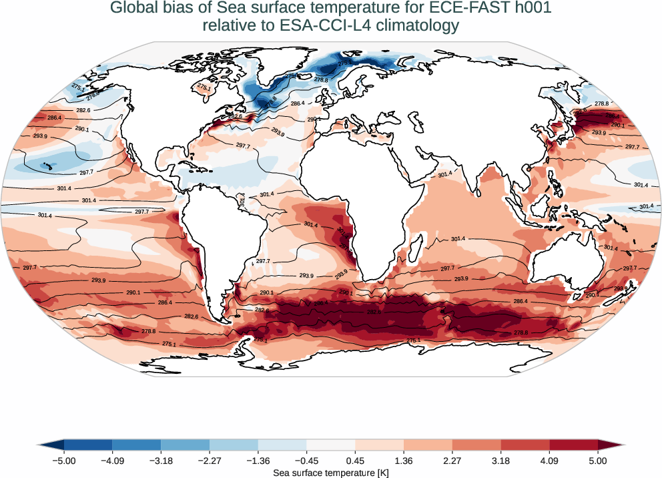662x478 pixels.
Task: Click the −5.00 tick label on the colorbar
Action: (64, 461)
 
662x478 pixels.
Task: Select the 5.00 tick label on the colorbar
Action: (598, 461)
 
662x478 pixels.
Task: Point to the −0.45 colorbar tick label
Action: (306, 461)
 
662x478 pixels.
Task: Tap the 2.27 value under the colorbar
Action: (452, 461)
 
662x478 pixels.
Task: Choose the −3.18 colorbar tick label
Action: (161, 461)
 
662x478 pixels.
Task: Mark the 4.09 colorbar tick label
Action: (549, 461)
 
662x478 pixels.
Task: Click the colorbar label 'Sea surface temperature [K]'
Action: (331, 473)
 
